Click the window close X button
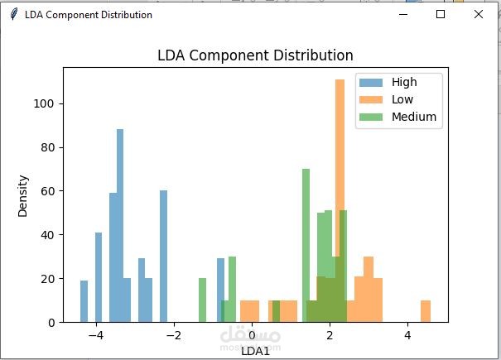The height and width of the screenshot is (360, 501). [x=478, y=14]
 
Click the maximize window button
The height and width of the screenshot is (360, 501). [x=441, y=14]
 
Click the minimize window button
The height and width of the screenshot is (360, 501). [x=403, y=14]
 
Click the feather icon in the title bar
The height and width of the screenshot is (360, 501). [x=13, y=15]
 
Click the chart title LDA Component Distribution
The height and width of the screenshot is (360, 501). [x=255, y=55]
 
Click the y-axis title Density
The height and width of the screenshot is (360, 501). [x=23, y=195]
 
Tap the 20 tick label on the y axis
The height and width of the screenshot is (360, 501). [x=49, y=279]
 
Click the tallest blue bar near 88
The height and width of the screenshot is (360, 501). [x=120, y=223]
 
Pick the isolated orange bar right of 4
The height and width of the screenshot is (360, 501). [x=426, y=311]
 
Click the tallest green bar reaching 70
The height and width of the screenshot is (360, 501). [x=306, y=240]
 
